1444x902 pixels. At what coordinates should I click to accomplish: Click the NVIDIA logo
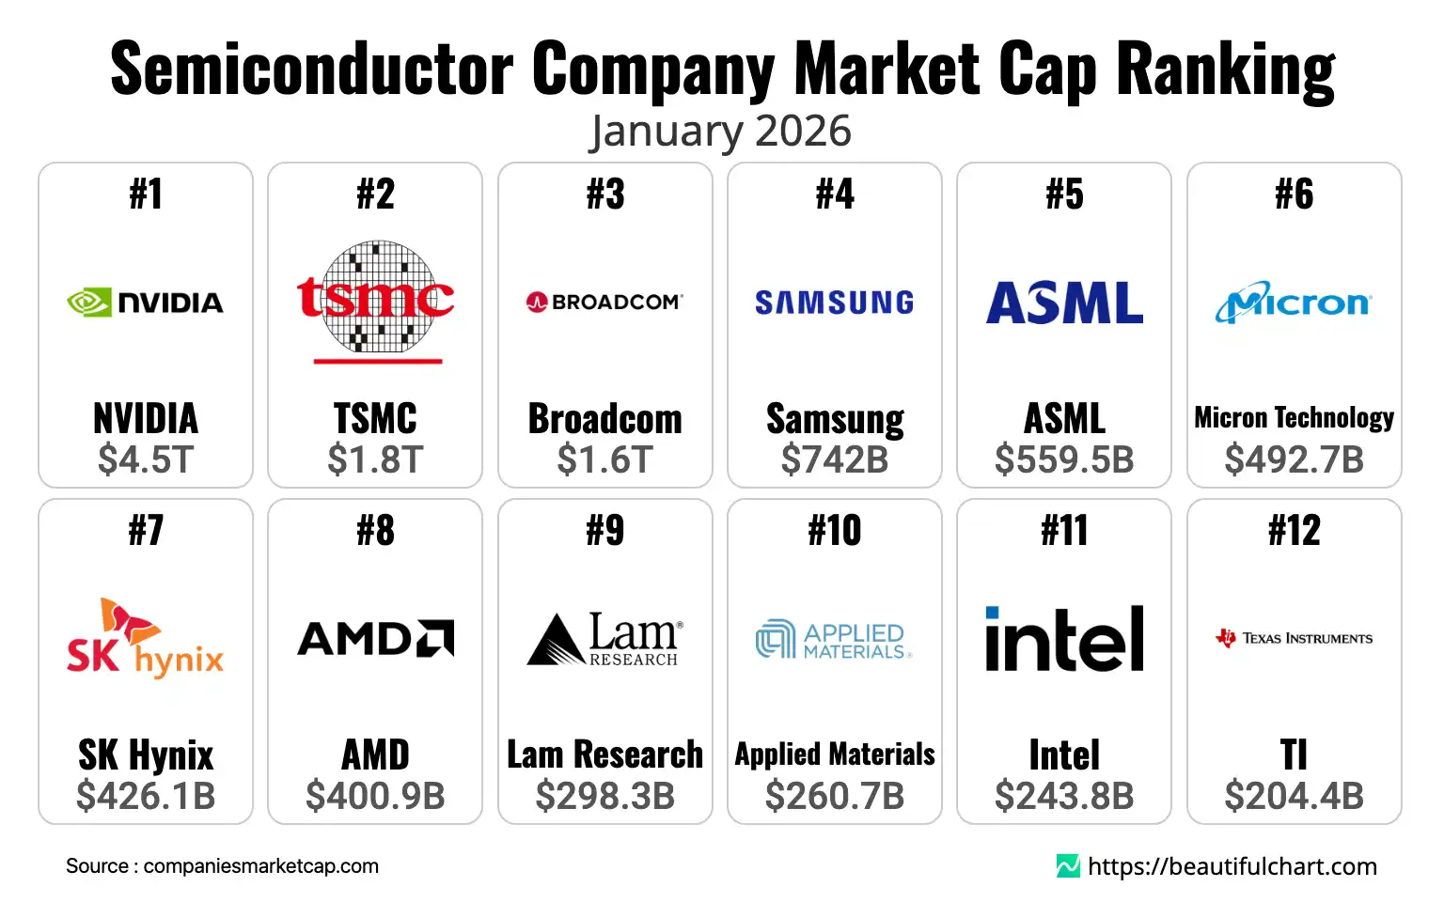point(146,303)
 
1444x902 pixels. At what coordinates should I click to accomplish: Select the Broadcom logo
point(604,303)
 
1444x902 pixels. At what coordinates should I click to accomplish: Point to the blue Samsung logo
point(835,303)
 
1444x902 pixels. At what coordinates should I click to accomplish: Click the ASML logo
point(1064,303)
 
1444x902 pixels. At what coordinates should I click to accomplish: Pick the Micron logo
point(1294,303)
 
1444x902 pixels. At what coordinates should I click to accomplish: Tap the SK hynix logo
point(146,639)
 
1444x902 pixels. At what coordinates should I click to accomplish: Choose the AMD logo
point(376,639)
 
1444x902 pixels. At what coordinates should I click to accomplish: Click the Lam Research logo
point(604,639)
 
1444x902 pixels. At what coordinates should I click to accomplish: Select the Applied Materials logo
point(835,639)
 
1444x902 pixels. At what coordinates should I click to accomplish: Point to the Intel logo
point(1064,639)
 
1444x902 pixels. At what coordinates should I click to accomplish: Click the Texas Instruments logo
point(1294,639)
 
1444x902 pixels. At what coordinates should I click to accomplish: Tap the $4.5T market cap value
point(146,459)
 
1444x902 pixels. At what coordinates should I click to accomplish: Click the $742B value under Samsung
point(835,459)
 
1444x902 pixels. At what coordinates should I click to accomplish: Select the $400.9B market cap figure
point(376,796)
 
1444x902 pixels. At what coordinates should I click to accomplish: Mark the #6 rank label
point(1294,194)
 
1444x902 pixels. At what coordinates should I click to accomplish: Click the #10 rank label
point(835,531)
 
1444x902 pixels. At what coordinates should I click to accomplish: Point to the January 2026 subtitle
point(720,132)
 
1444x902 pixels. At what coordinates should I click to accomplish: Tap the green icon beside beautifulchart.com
point(1068,866)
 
